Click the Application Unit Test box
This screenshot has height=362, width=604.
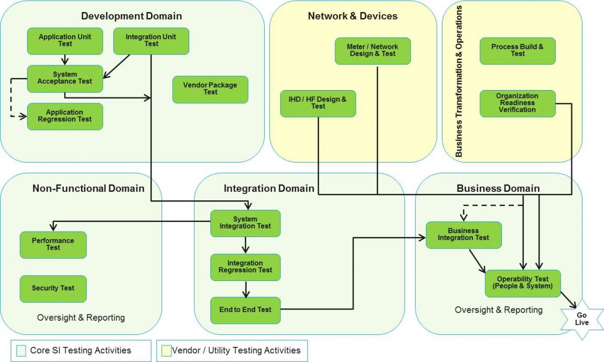(x=64, y=41)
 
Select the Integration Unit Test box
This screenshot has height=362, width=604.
(x=151, y=41)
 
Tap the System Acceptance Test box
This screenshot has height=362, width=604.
(x=64, y=79)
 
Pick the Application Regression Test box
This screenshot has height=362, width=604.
(x=64, y=116)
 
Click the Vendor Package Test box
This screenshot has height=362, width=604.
(x=210, y=89)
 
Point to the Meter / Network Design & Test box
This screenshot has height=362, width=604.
(x=372, y=51)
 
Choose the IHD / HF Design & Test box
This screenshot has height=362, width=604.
(x=318, y=103)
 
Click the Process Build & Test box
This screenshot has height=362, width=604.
(x=517, y=51)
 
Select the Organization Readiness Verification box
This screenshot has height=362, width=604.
(x=517, y=103)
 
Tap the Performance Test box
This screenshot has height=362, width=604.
(x=53, y=245)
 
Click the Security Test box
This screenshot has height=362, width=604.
(x=53, y=288)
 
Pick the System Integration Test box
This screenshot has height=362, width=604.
(x=245, y=223)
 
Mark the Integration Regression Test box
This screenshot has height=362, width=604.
(x=245, y=267)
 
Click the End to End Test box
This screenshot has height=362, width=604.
(x=245, y=310)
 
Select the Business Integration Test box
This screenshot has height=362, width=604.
(x=464, y=235)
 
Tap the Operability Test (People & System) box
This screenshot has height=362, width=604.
(x=522, y=283)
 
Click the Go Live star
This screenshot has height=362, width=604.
(x=581, y=319)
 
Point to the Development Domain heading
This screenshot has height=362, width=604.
(x=131, y=16)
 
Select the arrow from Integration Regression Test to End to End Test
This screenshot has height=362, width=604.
(x=246, y=289)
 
